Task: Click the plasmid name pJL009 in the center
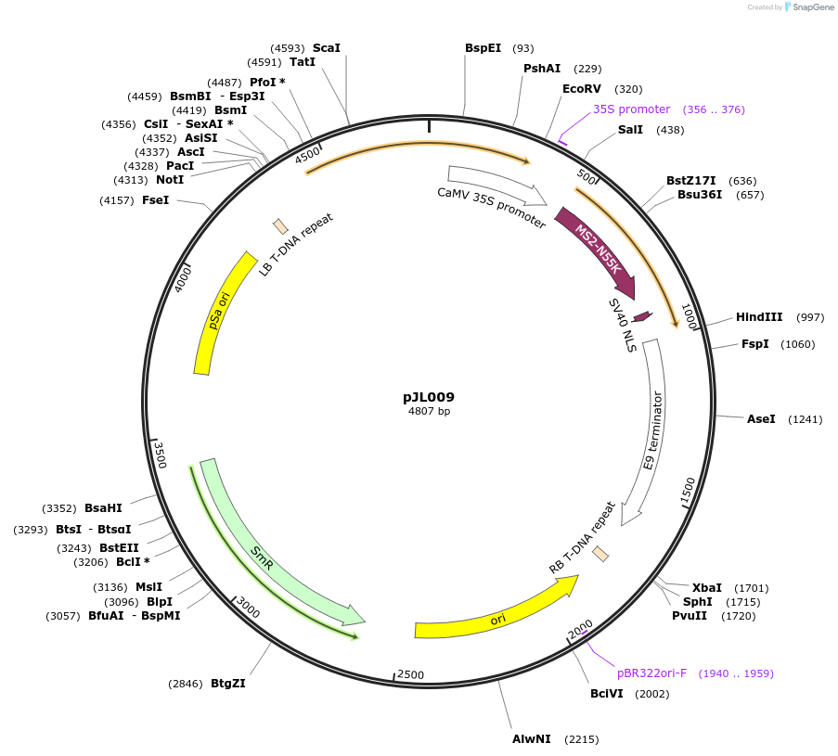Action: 429,397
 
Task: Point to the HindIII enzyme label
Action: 759,317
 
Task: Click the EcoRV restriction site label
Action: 582,89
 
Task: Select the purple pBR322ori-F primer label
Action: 651,673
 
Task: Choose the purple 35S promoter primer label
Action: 631,109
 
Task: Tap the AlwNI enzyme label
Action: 532,739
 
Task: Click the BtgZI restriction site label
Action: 228,684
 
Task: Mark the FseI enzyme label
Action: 155,200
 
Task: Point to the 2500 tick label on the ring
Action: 410,674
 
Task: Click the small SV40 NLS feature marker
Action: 641,317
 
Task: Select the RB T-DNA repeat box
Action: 600,554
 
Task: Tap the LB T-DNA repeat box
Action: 280,226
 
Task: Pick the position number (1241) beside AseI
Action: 805,419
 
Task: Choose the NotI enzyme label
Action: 170,180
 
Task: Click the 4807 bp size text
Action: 429,411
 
